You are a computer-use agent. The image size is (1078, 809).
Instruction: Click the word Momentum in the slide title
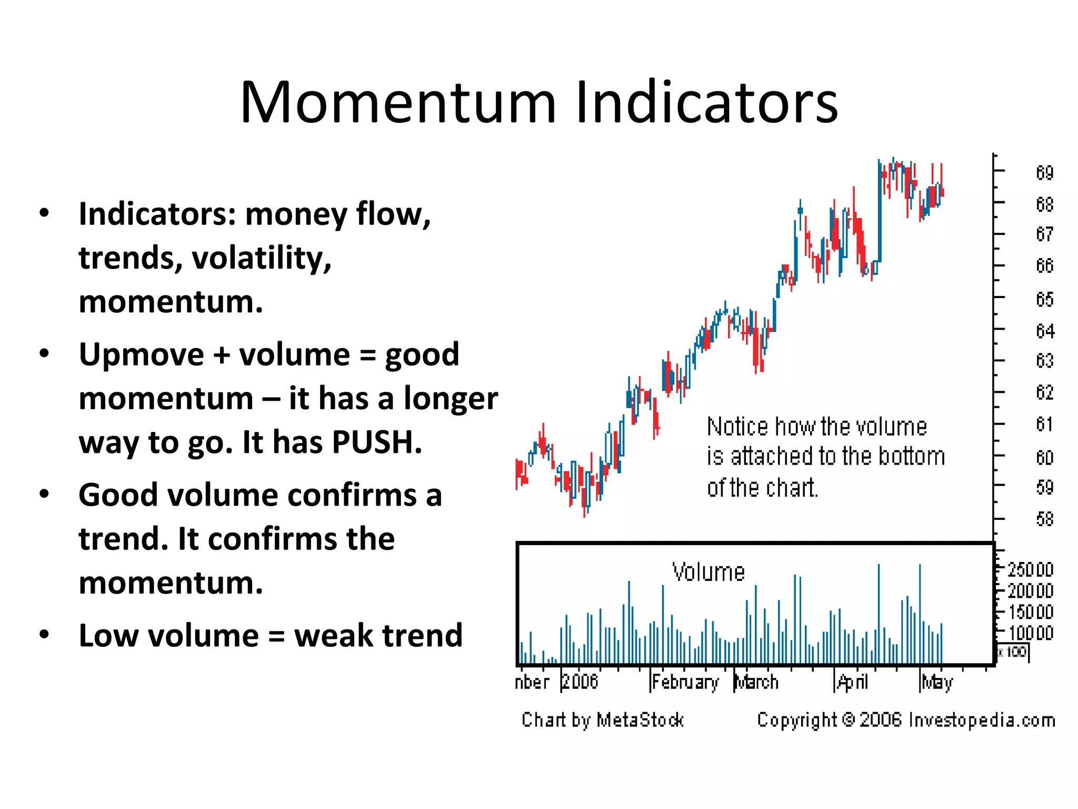tap(398, 102)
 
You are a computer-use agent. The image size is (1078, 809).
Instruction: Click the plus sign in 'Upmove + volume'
tap(222, 354)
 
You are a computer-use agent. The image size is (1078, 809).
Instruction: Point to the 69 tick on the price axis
tap(1044, 172)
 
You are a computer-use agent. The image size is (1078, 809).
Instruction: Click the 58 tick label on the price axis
tap(1044, 519)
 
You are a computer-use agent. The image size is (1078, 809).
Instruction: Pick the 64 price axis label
tap(1044, 331)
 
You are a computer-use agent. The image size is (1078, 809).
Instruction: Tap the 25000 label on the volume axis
tap(1030, 570)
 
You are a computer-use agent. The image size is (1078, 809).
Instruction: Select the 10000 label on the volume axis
tap(1030, 633)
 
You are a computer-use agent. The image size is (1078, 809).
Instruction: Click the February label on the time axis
tap(685, 683)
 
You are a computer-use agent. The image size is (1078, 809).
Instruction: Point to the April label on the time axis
tap(852, 683)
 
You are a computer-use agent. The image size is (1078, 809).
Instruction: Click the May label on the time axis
tap(937, 683)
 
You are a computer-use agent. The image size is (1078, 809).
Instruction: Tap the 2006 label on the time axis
tap(580, 682)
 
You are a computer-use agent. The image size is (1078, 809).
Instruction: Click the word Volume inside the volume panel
tap(708, 572)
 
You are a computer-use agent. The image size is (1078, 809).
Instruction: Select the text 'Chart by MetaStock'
tap(602, 720)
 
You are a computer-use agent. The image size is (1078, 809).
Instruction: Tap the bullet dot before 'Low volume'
tap(44, 635)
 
